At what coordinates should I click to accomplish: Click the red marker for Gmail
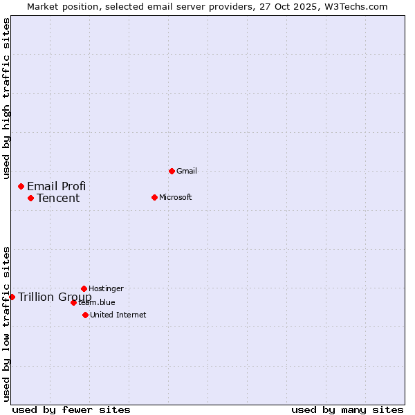click(x=172, y=171)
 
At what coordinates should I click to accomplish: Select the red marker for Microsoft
click(x=154, y=197)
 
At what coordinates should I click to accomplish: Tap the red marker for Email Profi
click(x=21, y=186)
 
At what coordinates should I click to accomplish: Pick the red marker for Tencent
click(x=30, y=198)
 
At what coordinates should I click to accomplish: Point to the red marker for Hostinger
click(x=84, y=288)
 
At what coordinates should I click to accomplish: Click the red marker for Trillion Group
click(x=12, y=297)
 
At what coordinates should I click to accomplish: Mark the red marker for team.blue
click(x=73, y=302)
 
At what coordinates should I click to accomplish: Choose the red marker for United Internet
click(x=85, y=315)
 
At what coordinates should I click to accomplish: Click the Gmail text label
click(x=187, y=171)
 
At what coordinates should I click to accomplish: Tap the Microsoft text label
click(x=176, y=197)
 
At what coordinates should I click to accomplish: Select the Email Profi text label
click(x=57, y=186)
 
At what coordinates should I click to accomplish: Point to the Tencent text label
click(x=58, y=199)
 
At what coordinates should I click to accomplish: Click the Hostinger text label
click(x=106, y=288)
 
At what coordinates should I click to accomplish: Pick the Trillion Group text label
click(x=55, y=297)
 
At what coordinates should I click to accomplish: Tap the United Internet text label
click(x=118, y=315)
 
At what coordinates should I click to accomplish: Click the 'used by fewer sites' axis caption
click(x=71, y=409)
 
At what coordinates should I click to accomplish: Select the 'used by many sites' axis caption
click(x=347, y=409)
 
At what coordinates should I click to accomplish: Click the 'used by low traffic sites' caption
click(x=7, y=323)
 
